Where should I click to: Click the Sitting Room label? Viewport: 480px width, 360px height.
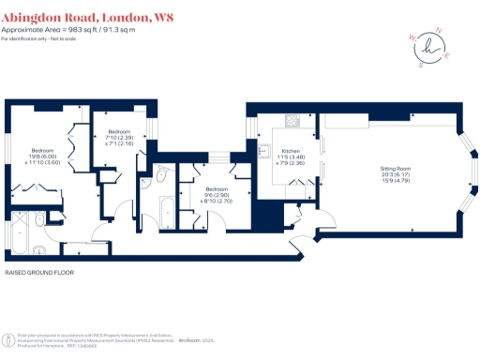point(396,169)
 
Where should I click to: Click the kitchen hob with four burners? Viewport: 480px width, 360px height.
point(292,121)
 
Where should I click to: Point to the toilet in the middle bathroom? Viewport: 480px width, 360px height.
point(162,174)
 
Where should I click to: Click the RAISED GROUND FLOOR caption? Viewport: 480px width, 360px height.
point(39,274)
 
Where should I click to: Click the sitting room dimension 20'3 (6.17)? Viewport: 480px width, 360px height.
point(396,175)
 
